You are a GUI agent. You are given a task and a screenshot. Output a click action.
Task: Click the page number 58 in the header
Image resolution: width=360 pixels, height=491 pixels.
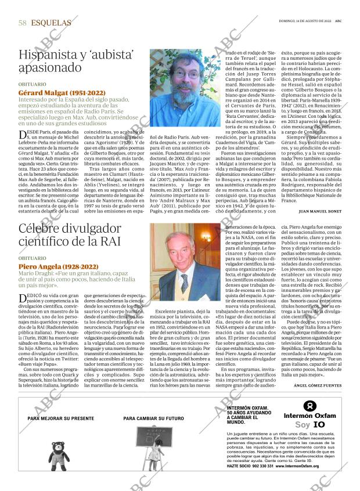click(23, 23)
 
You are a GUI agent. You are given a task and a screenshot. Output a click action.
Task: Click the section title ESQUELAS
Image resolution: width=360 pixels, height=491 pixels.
click(51, 23)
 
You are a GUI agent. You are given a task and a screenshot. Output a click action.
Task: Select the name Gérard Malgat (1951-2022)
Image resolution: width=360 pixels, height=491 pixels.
click(62, 93)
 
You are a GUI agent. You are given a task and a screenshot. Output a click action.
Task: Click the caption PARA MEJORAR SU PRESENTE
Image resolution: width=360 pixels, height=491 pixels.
click(60, 418)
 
